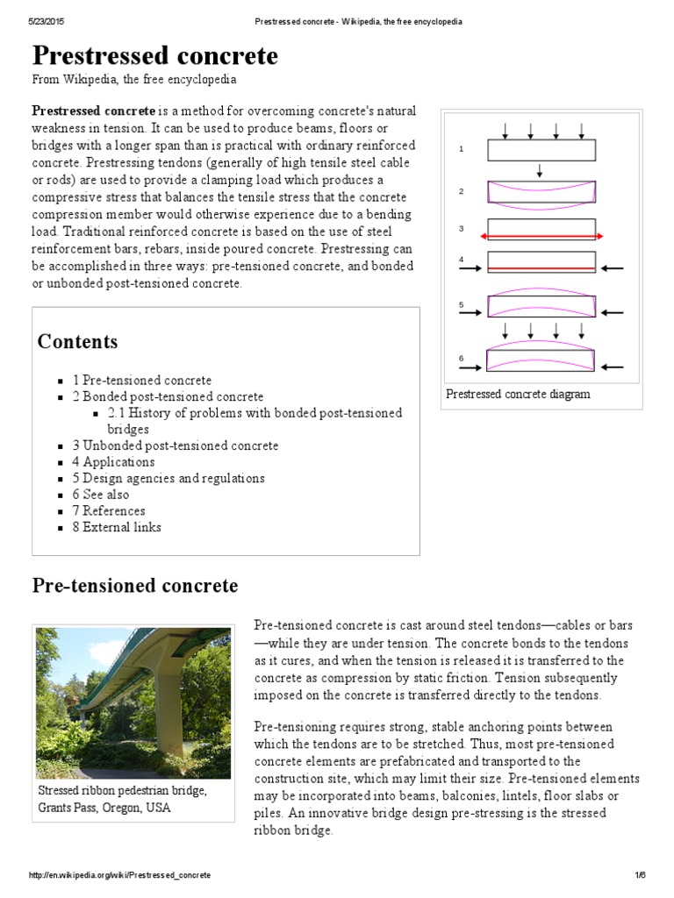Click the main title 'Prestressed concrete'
point(155,56)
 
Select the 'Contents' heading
point(77,341)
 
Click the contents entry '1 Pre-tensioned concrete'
point(142,380)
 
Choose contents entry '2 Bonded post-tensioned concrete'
point(168,396)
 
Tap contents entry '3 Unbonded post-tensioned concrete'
point(176,445)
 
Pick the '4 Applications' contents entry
point(113,461)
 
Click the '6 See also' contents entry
point(101,495)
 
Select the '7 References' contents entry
point(109,510)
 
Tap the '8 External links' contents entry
point(117,527)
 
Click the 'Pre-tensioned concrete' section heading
point(135,585)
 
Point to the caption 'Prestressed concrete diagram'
point(518,394)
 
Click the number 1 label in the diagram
point(461,150)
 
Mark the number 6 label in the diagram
point(461,358)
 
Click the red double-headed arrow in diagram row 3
point(541,237)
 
